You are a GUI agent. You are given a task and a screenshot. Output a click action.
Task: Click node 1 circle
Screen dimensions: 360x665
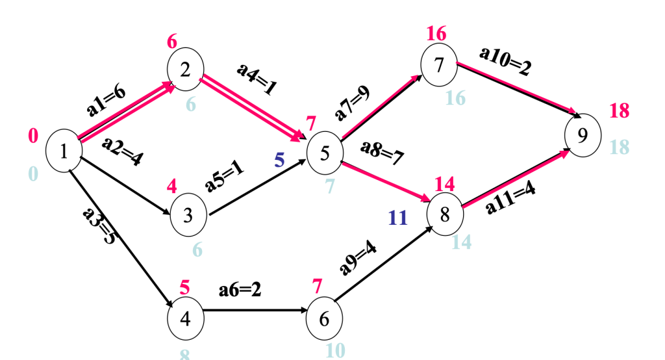[x=64, y=151]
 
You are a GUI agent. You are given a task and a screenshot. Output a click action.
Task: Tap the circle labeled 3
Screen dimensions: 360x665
[x=188, y=215]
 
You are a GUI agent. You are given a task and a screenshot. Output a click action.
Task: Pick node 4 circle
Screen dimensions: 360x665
[x=185, y=319]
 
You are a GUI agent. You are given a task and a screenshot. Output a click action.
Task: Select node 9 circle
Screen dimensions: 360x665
[x=583, y=135]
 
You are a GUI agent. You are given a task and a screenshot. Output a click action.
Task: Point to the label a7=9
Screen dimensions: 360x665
[x=352, y=103]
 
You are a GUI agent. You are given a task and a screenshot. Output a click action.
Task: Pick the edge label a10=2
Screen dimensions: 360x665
[x=505, y=62]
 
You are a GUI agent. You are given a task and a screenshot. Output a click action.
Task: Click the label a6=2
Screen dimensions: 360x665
[x=240, y=290]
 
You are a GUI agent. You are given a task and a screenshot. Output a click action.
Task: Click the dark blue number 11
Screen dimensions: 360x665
[x=397, y=218]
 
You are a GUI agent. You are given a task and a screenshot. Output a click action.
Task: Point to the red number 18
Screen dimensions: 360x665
[x=620, y=110]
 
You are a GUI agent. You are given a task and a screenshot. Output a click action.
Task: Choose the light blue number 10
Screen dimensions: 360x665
[x=335, y=350]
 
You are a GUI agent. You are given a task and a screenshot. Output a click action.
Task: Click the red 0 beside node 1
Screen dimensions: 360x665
[x=33, y=136]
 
